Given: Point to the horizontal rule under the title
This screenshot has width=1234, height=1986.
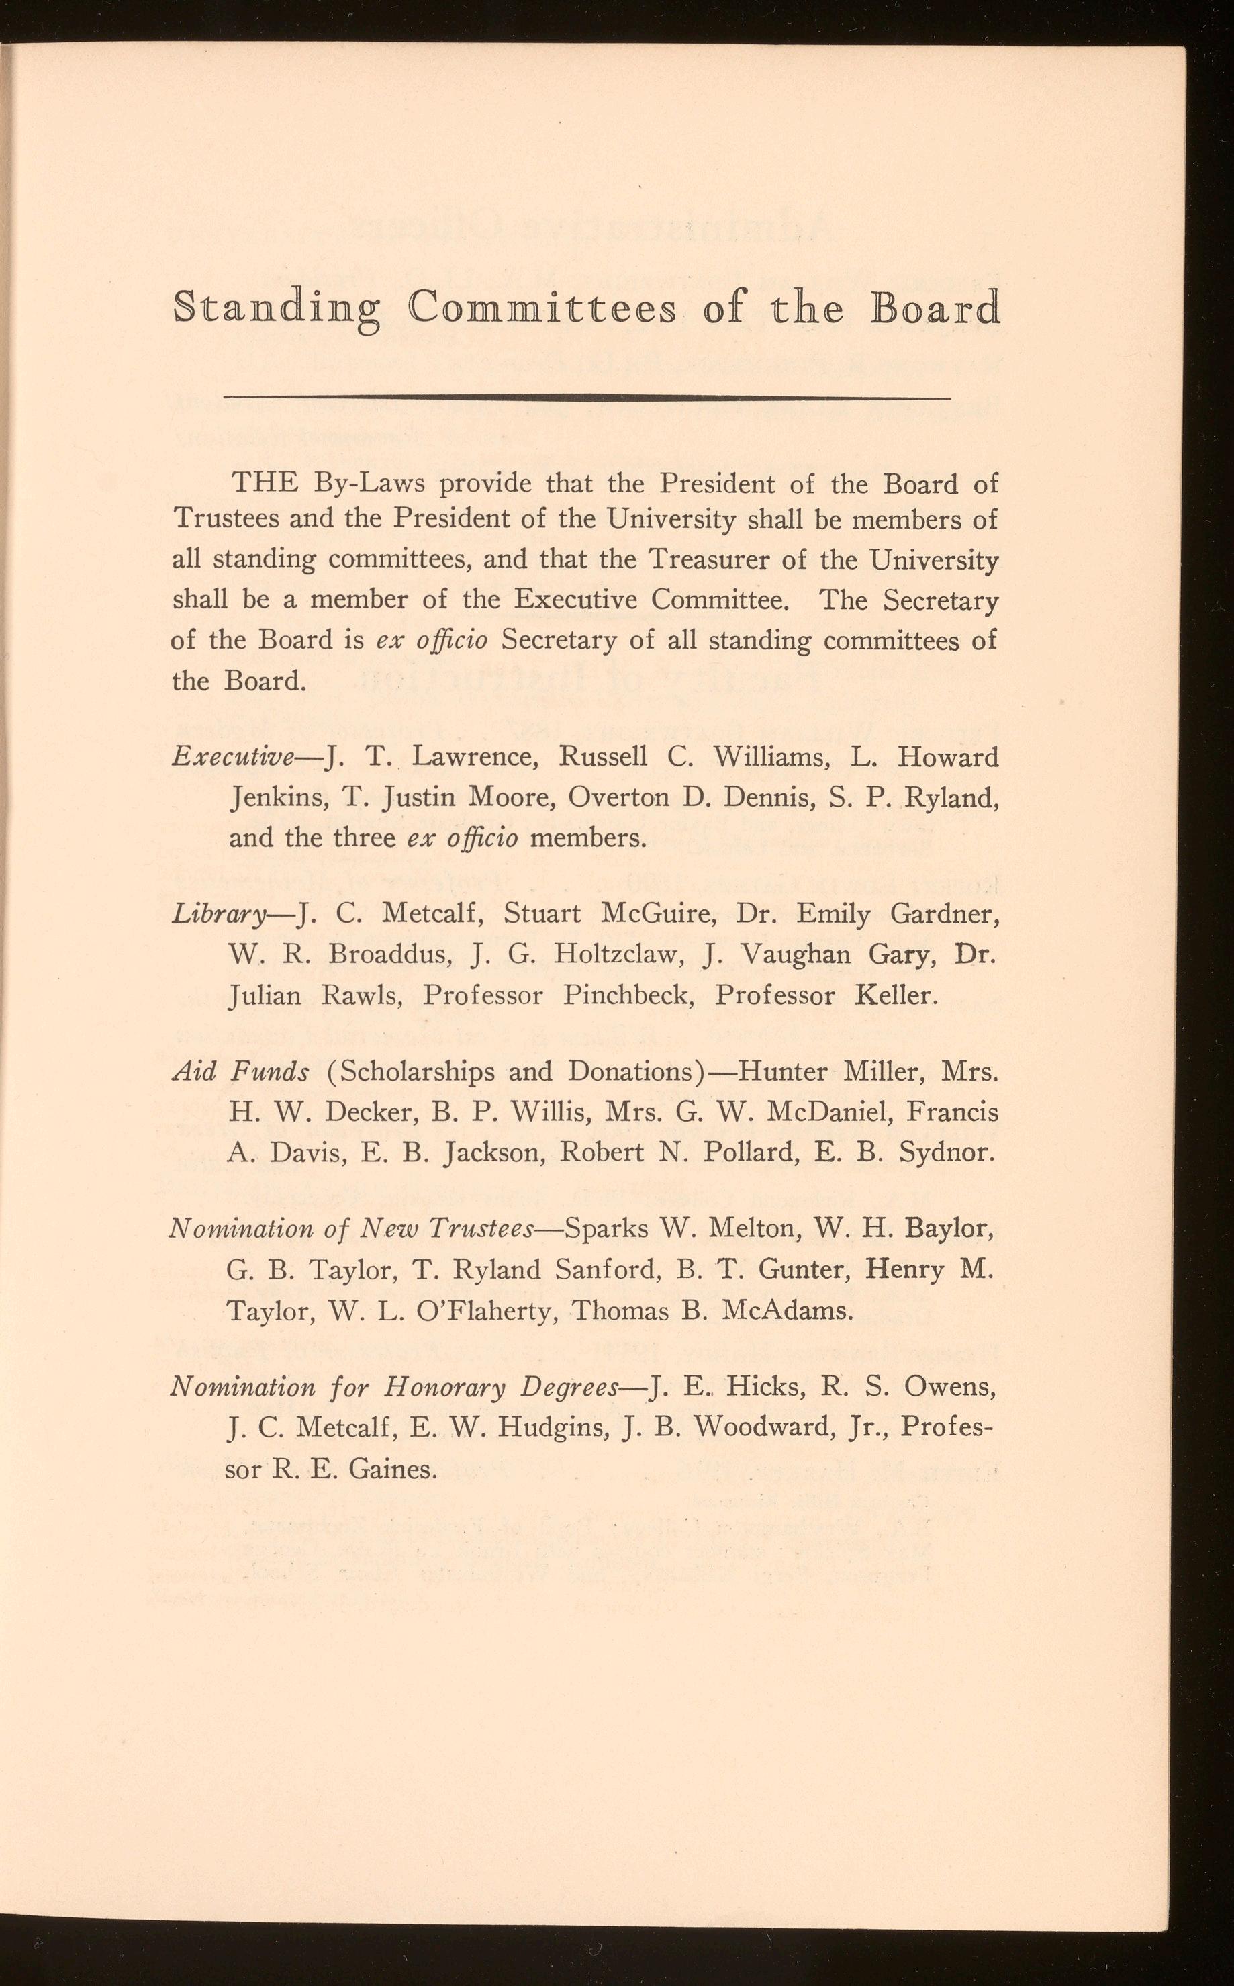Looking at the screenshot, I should (x=587, y=398).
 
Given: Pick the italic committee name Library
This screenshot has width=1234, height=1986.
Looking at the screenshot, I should (x=219, y=916).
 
